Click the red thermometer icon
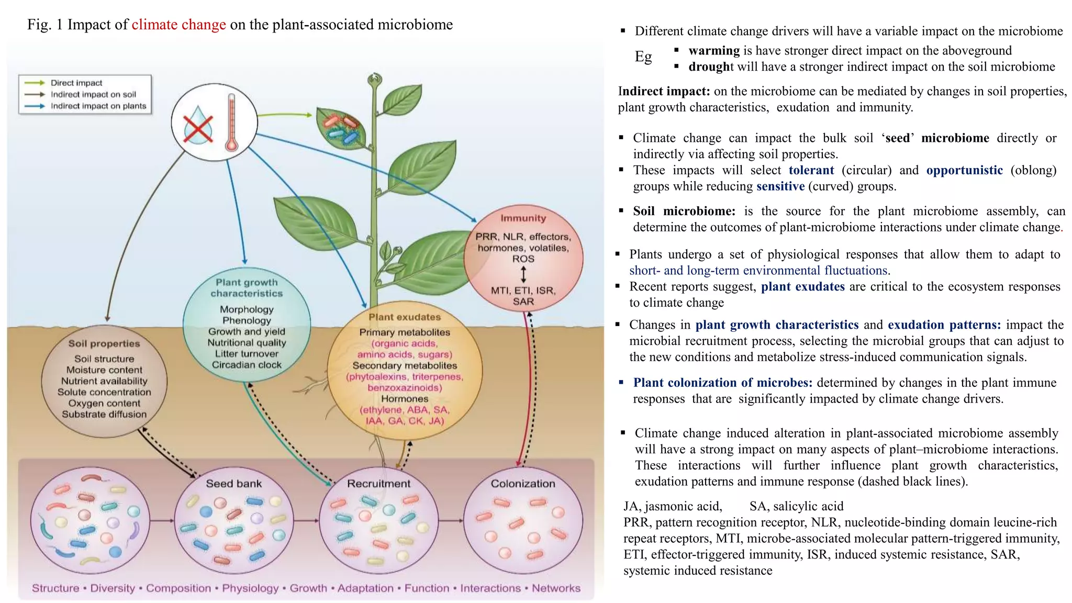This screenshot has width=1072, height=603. pos(231,123)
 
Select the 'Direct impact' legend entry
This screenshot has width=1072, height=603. pos(76,83)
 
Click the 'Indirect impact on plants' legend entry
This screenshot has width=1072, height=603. pos(98,106)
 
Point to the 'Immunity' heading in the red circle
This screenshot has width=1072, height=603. pos(523,218)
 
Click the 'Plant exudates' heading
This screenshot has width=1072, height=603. pos(405,317)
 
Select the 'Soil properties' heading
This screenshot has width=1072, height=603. pos(104,344)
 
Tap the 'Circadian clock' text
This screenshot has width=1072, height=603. pos(247,365)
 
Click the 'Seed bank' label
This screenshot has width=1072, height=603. pos(233,484)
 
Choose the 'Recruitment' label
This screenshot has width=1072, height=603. pos(378,484)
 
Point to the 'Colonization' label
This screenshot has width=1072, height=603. pos(522,484)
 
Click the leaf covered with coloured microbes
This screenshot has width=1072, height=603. pos(342,127)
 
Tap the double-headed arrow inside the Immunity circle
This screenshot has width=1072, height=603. pos(523,274)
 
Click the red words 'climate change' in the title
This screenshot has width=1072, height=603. pos(178,25)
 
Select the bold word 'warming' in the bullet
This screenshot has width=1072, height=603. pos(713,51)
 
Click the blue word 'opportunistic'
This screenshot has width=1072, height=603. pos(964,170)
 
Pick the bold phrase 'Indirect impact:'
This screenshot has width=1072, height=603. pos(663,91)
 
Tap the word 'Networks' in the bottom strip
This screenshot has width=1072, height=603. pos(556,588)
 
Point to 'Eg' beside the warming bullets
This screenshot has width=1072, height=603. pos(643,57)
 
